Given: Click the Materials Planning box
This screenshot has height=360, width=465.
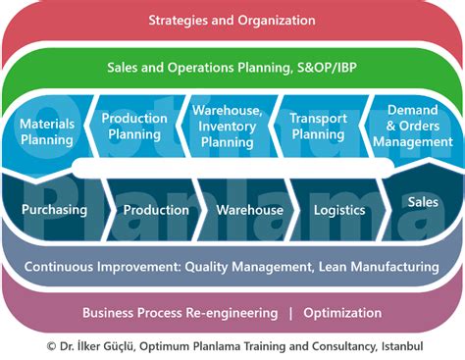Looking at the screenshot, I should [46, 133].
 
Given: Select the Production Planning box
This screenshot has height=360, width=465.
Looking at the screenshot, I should [134, 127].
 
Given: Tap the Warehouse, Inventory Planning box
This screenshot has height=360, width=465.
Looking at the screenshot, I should [227, 127].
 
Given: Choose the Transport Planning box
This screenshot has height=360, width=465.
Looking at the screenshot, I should [318, 127].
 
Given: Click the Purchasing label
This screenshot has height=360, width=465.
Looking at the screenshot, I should [54, 210].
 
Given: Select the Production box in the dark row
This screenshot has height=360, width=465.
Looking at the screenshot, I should [156, 210].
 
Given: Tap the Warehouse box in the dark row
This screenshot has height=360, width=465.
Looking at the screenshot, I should [249, 210].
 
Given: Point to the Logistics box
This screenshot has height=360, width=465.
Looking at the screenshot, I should [339, 210].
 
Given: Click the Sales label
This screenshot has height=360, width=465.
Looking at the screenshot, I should [423, 202].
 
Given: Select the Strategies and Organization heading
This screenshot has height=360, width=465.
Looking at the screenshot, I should [232, 20].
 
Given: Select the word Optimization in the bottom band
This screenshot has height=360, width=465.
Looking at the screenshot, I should [342, 313].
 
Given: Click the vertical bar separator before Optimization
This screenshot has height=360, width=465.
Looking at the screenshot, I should [290, 313].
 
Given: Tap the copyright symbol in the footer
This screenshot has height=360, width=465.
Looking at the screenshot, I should [51, 346].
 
